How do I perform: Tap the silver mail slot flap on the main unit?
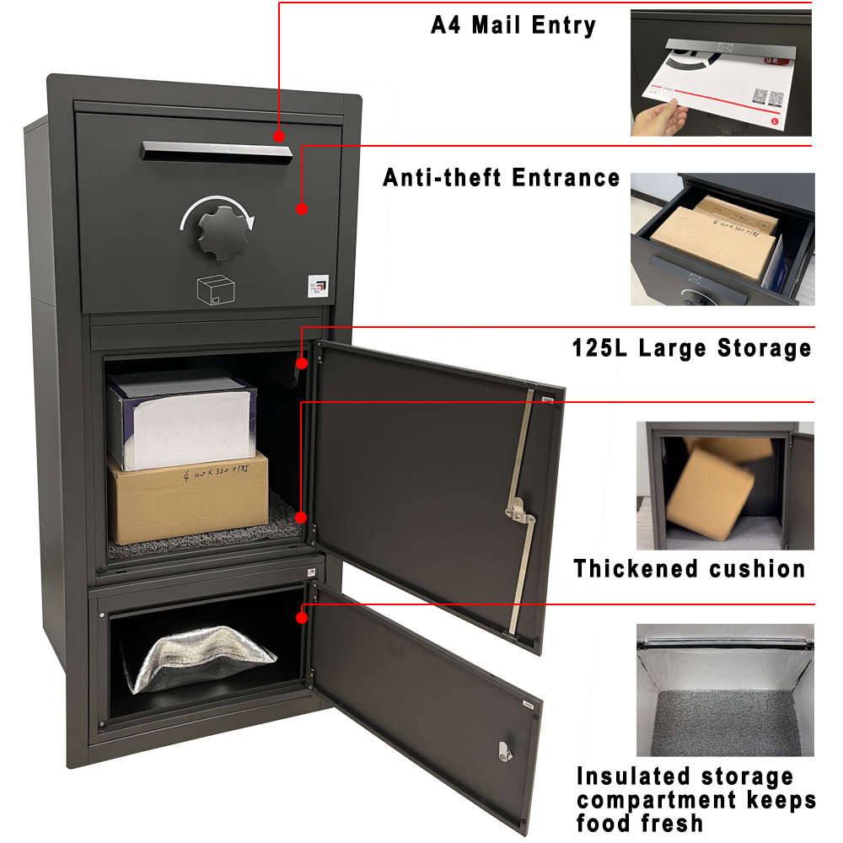[217, 151]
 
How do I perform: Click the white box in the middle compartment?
[181, 417]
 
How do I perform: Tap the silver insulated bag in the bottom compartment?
[200, 658]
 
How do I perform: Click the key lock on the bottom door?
[504, 748]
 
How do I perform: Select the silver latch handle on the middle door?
[517, 510]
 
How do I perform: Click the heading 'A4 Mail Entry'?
[513, 24]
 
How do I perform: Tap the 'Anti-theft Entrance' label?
[501, 178]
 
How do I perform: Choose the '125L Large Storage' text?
[691, 347]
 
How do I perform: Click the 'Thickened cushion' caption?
[690, 568]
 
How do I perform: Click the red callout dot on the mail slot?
[279, 135]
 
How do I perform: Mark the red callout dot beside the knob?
[302, 208]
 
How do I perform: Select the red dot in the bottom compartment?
[302, 618]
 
